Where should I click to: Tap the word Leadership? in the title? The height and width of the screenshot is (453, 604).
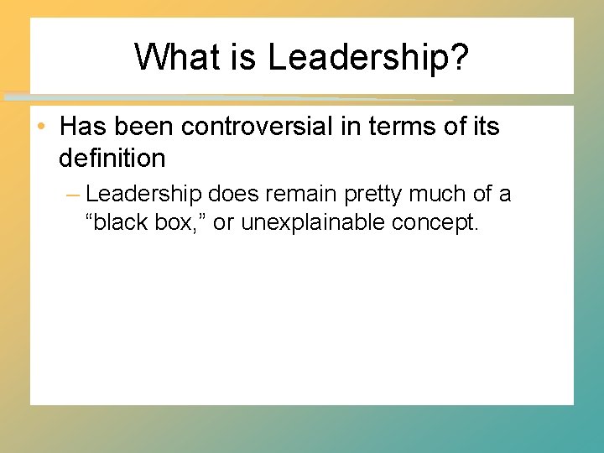click(369, 58)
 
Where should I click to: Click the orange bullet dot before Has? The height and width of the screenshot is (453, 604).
click(41, 128)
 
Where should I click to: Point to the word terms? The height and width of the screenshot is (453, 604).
click(402, 127)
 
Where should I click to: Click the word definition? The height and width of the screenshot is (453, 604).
click(112, 157)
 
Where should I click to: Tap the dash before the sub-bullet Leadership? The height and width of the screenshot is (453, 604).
click(72, 195)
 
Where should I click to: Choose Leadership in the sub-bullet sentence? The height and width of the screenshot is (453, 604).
click(143, 194)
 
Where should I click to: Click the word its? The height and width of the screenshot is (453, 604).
click(485, 127)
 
